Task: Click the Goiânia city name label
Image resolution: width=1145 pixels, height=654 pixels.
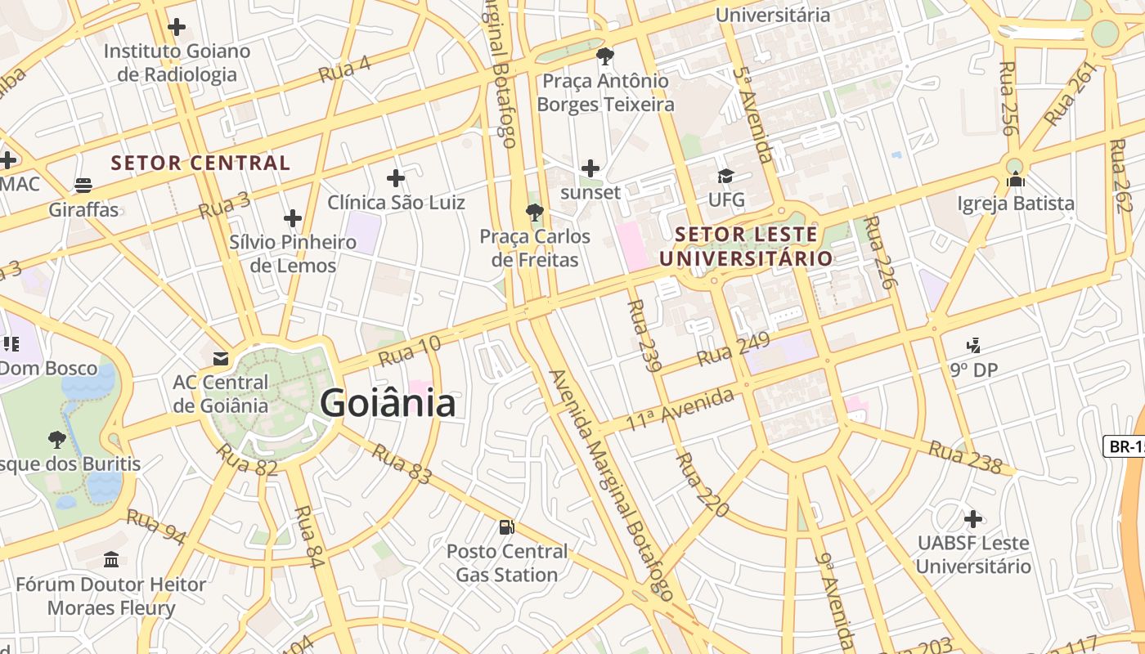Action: point(388,404)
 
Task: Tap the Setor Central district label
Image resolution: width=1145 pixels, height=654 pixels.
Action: point(200,163)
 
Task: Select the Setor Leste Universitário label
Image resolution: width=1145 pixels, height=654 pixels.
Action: point(746,247)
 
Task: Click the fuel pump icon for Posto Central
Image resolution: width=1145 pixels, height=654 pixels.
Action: point(507,527)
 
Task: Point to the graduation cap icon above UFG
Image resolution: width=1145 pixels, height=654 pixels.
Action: point(725,177)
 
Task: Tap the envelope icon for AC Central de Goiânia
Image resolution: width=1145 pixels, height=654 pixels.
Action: point(220,358)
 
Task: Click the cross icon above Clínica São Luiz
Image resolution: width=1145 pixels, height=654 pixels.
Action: point(396,178)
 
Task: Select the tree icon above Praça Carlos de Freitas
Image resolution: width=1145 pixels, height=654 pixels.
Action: point(535,213)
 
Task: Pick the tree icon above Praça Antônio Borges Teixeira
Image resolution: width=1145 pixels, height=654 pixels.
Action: point(605,56)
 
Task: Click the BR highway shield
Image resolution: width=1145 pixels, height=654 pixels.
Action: point(1125,446)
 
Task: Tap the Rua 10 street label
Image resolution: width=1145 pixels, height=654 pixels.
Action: point(410,351)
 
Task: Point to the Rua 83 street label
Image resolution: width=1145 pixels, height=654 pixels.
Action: point(401,464)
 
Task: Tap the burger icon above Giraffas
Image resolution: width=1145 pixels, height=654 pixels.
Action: point(83,186)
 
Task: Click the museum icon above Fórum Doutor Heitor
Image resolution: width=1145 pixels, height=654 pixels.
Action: point(111,560)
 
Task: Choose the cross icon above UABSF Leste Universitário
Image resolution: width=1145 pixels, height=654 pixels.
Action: point(972,519)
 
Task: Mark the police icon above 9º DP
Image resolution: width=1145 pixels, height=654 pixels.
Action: point(973,346)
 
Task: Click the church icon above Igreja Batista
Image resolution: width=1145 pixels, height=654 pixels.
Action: point(1016,179)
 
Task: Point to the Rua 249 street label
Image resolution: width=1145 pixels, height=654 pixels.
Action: point(733,349)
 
